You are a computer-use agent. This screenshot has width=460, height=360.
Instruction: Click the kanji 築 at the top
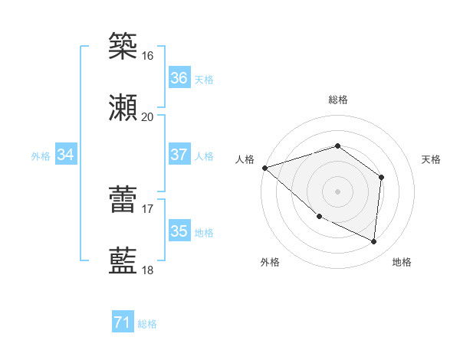123,45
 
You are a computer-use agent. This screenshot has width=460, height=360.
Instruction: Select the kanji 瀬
123,107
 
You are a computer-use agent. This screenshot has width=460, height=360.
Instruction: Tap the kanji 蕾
123,198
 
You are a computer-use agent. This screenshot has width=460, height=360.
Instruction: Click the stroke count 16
148,56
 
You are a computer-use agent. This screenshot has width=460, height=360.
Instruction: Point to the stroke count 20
148,117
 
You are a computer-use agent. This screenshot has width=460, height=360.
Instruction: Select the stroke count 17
148,208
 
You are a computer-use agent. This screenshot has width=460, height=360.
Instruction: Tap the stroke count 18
148,270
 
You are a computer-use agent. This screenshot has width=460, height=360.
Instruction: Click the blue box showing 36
179,78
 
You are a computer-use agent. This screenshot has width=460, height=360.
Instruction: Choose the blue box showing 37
179,155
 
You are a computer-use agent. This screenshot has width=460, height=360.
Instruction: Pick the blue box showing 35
179,231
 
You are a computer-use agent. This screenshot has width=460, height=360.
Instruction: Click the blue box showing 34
66,155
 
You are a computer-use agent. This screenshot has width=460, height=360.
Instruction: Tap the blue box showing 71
122,323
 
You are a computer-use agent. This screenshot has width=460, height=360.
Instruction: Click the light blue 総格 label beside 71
147,324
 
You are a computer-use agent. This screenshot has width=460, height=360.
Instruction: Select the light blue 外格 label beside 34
41,155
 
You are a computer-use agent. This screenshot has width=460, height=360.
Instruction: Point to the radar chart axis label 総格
337,100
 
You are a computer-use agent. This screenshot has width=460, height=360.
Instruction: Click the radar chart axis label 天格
431,159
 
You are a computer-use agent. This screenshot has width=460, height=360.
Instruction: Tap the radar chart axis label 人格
245,159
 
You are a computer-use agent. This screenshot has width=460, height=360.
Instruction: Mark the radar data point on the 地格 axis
374,242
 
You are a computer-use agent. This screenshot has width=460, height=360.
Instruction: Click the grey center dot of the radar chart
337,191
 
